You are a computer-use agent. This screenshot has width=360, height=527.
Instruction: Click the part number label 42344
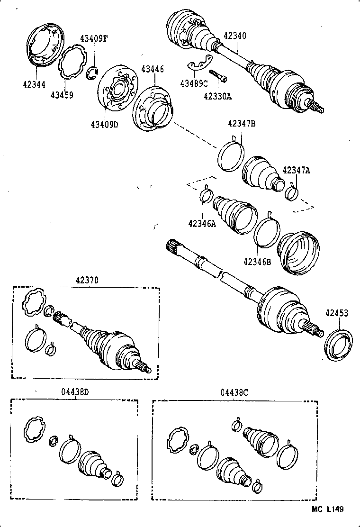click(34, 85)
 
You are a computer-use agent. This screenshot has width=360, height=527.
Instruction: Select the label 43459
click(62, 95)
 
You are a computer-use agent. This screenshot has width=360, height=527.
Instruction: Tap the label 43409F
click(93, 38)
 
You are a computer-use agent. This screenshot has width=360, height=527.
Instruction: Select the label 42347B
click(242, 124)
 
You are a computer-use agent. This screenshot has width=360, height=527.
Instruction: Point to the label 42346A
click(202, 224)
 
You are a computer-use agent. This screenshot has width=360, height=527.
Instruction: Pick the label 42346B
click(257, 261)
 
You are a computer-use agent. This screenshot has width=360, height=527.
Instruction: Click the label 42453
click(336, 313)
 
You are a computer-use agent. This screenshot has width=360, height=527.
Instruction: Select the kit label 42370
click(86, 280)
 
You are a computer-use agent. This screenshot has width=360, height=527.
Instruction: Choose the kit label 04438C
click(234, 392)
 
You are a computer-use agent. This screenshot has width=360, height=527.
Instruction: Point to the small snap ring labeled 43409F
click(93, 73)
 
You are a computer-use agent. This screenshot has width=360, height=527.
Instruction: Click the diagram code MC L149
click(327, 509)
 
